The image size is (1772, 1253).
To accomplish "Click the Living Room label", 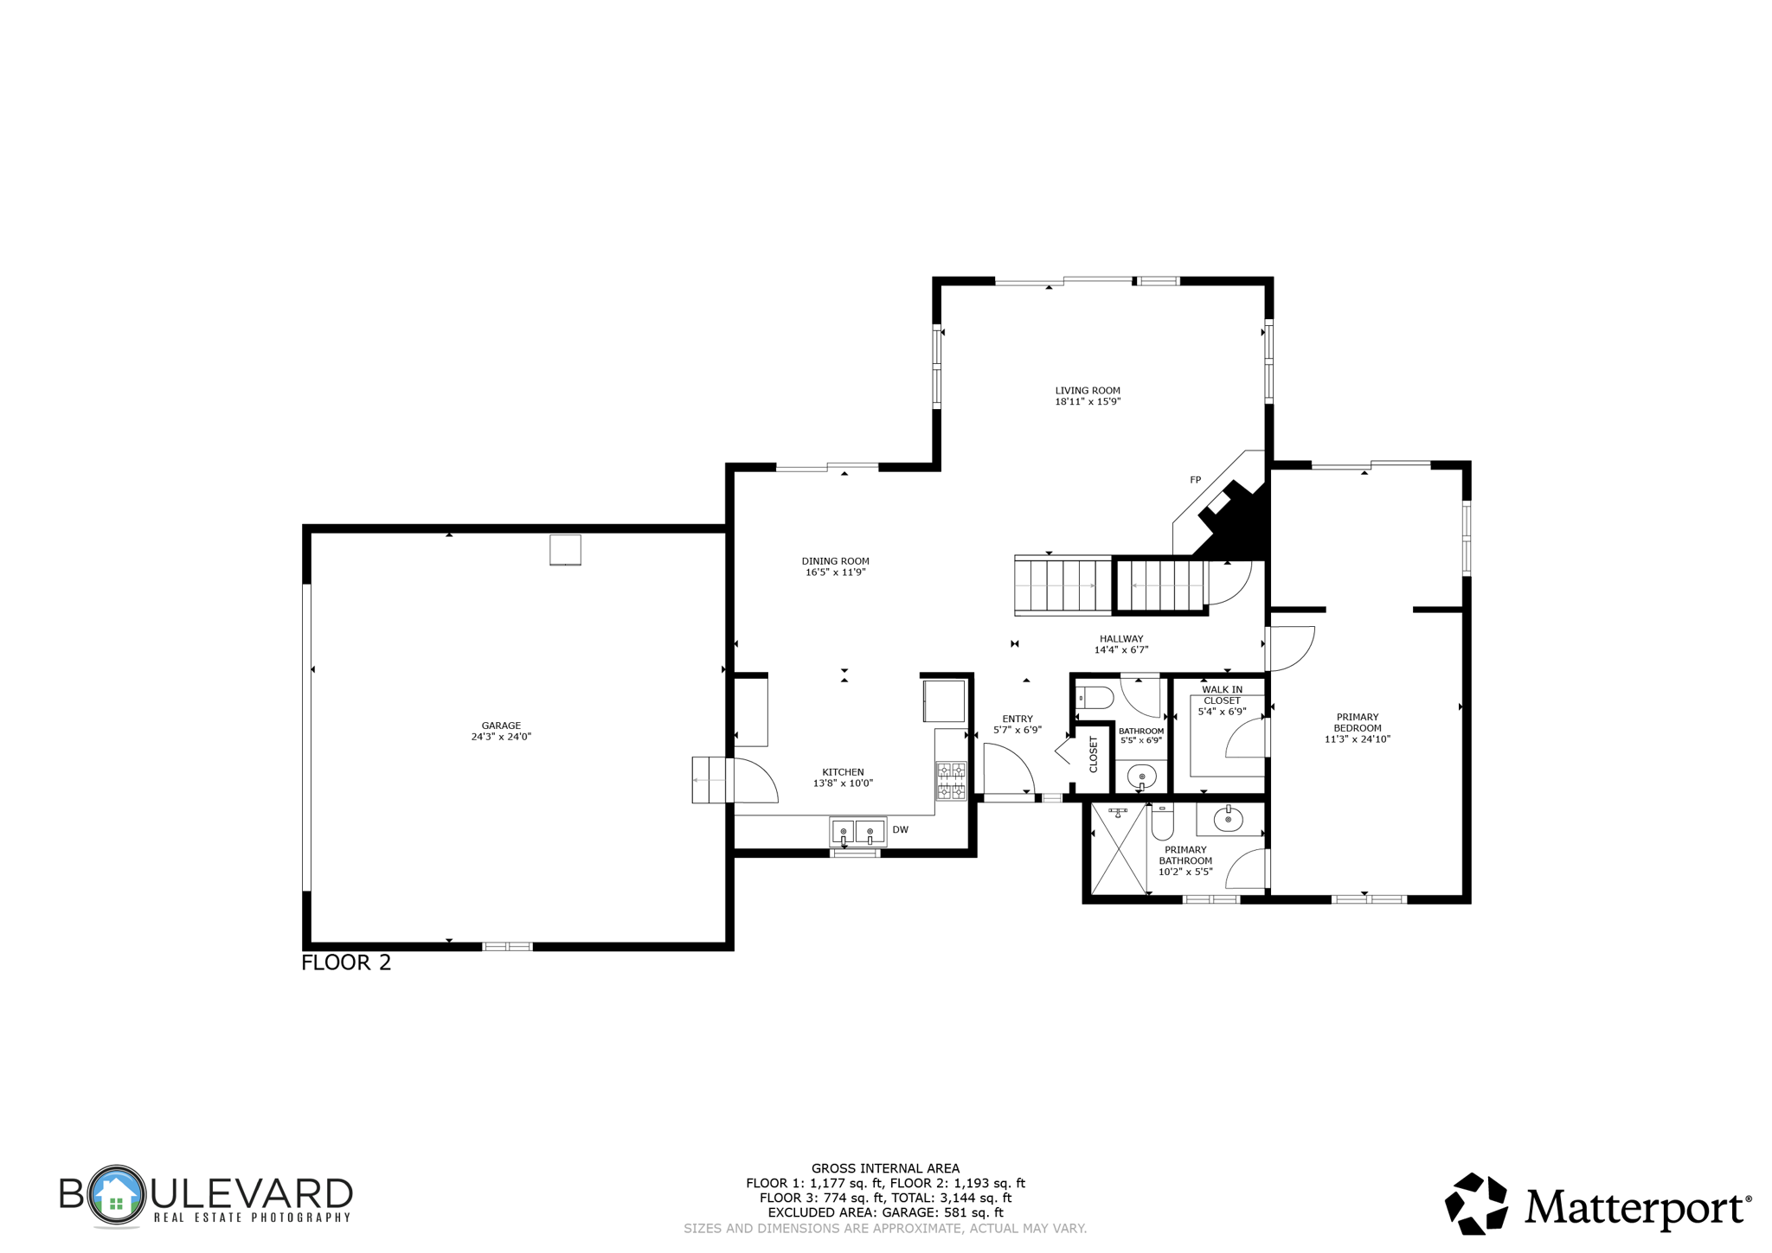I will tap(1087, 390).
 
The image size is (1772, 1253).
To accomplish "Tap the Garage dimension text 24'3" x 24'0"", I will tap(501, 737).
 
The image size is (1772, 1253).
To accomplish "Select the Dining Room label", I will tap(835, 561).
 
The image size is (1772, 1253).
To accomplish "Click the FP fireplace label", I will tap(1195, 480).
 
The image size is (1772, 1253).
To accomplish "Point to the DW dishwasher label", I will tap(900, 829).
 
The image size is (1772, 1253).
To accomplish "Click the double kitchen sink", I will tap(857, 831).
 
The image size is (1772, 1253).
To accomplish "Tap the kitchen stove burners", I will tap(951, 780).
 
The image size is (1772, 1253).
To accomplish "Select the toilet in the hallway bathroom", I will tap(1095, 697).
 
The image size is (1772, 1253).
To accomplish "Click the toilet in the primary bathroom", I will tap(1162, 823).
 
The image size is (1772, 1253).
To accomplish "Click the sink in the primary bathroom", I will tap(1228, 818).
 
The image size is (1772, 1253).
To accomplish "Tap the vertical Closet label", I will tap(1093, 754).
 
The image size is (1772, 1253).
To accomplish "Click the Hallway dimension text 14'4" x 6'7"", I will tap(1120, 649).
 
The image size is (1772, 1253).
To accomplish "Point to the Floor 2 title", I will tap(346, 962).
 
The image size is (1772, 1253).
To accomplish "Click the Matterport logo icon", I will tap(1476, 1203).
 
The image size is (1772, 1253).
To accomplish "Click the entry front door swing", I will tap(1008, 770).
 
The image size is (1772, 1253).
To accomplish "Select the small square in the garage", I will tap(565, 550).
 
